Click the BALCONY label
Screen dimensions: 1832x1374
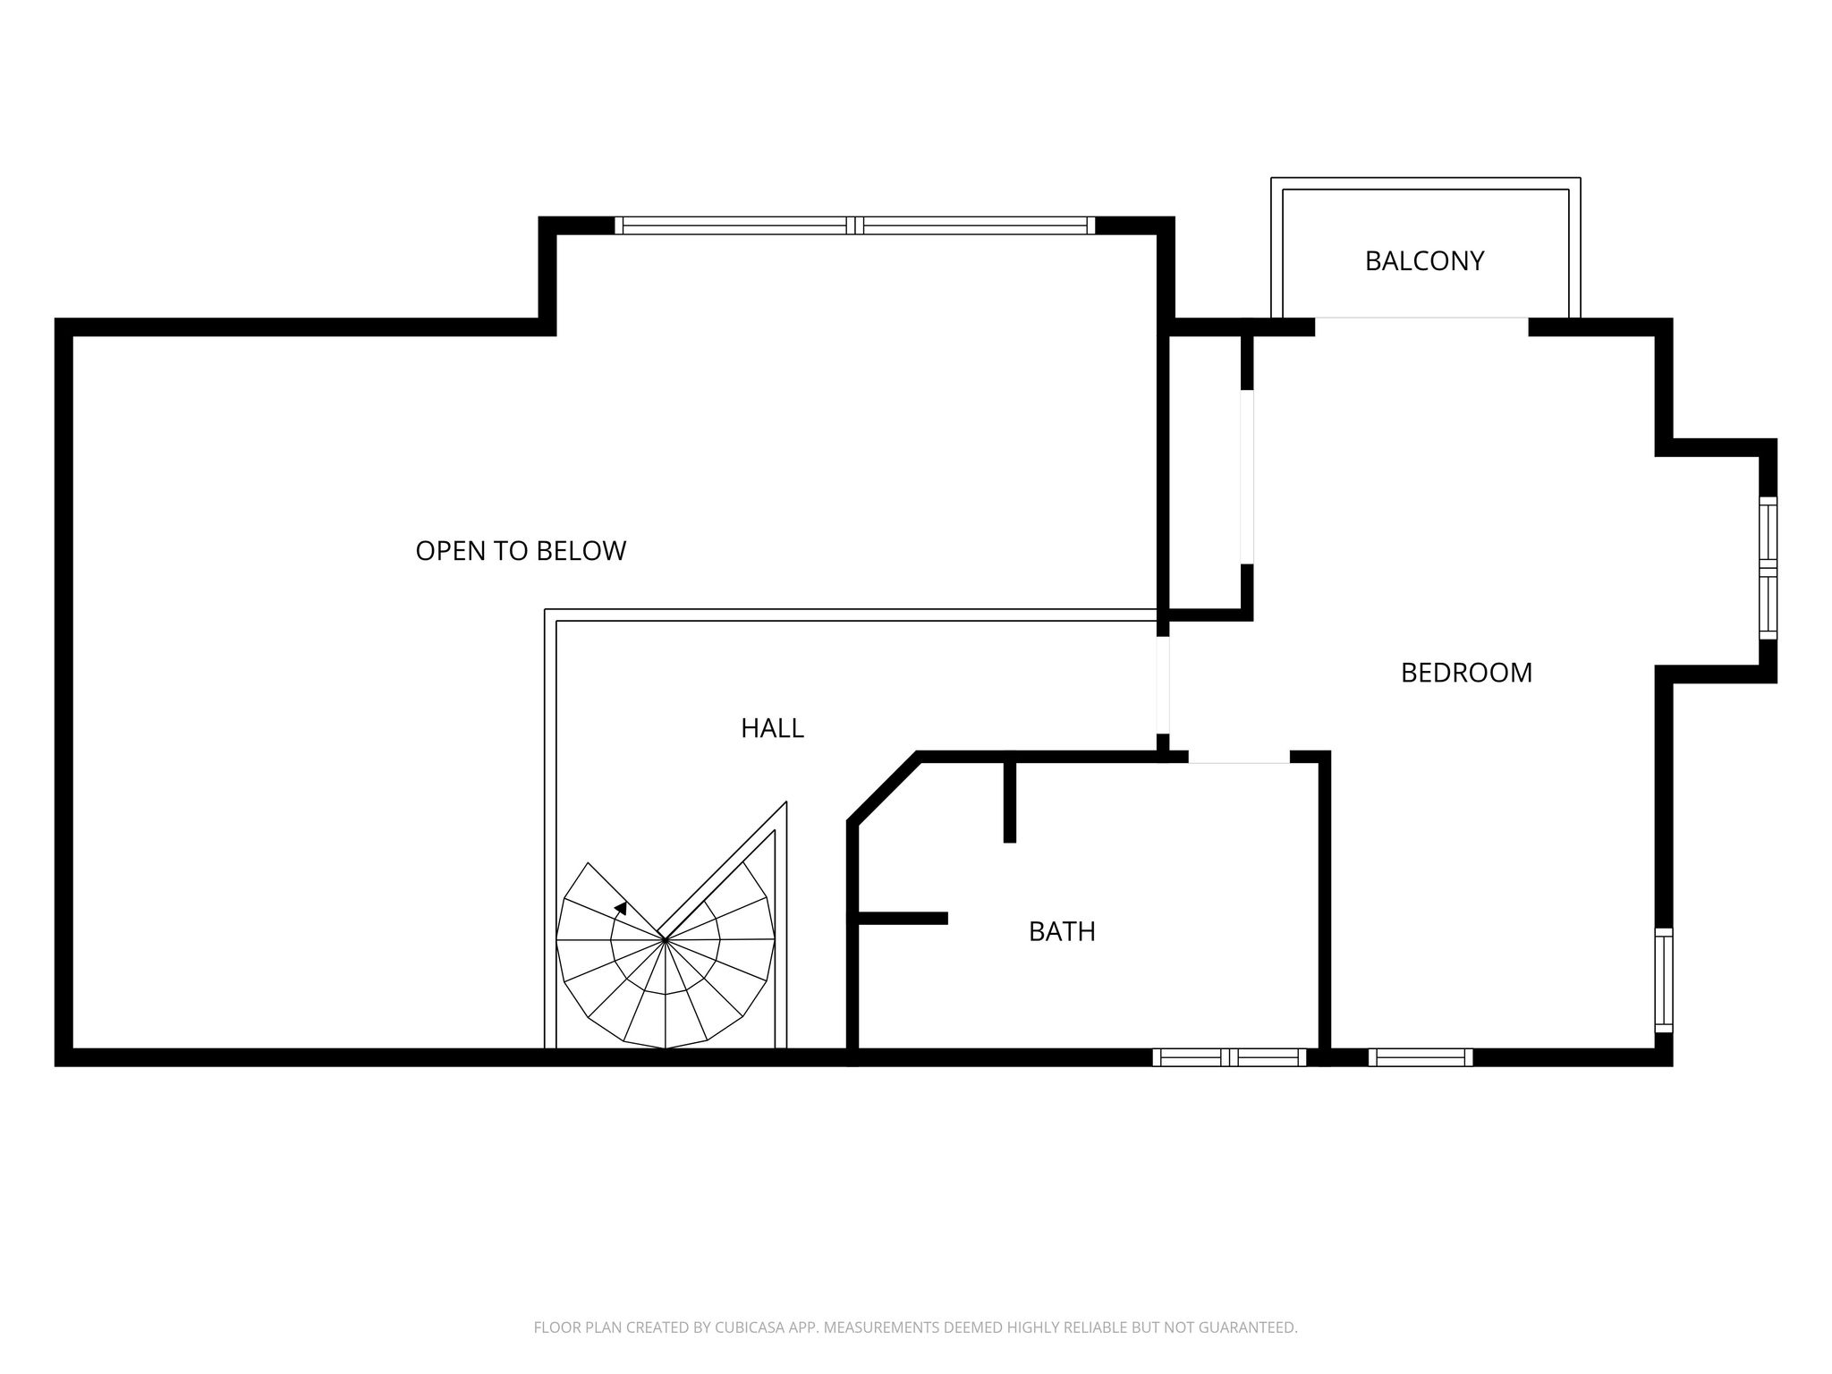[x=1424, y=261]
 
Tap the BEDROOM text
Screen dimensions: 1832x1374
[x=1466, y=673]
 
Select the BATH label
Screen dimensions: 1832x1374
[x=1062, y=932]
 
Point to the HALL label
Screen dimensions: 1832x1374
[x=772, y=729]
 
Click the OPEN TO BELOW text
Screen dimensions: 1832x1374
[x=521, y=551]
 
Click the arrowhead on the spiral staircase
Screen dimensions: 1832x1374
[x=621, y=908]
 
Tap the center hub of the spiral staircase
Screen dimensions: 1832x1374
[x=665, y=939]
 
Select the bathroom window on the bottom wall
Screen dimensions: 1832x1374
[x=1229, y=1057]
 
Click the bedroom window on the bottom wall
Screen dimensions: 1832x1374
[x=1421, y=1057]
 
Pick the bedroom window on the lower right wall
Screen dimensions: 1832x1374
[x=1664, y=980]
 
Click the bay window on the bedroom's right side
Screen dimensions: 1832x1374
[x=1768, y=568]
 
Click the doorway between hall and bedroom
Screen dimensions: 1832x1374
[x=1163, y=684]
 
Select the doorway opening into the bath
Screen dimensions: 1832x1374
[x=1239, y=758]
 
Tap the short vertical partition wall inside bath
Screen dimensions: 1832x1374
[x=1010, y=801]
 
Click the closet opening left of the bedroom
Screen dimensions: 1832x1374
[x=1247, y=477]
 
